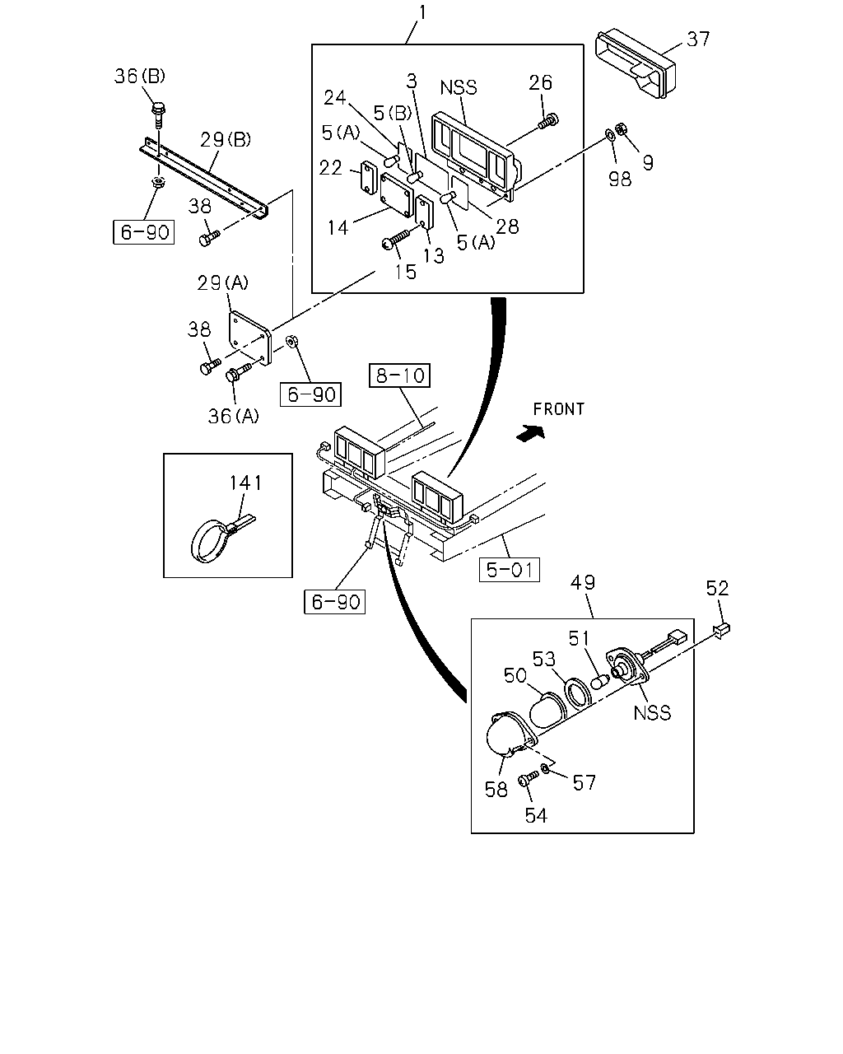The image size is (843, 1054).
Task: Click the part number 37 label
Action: (697, 40)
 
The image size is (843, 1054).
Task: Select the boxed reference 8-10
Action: (400, 375)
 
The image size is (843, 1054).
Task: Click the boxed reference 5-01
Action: (510, 570)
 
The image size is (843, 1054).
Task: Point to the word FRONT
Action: (559, 409)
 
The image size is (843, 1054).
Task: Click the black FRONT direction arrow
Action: (530, 433)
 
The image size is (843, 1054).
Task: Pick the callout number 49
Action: (583, 582)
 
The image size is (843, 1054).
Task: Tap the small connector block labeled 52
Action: (722, 631)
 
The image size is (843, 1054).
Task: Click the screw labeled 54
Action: (528, 778)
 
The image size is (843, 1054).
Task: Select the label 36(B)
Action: (140, 76)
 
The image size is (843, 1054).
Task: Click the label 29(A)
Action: (223, 282)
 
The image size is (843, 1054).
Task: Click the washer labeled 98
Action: (610, 133)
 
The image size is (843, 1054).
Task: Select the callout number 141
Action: (246, 483)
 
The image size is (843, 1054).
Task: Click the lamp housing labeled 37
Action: (636, 65)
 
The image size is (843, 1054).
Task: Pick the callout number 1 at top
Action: (422, 12)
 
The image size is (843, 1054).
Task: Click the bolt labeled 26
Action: (548, 120)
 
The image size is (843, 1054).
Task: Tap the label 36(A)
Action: (234, 416)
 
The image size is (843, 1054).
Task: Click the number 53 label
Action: (543, 659)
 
